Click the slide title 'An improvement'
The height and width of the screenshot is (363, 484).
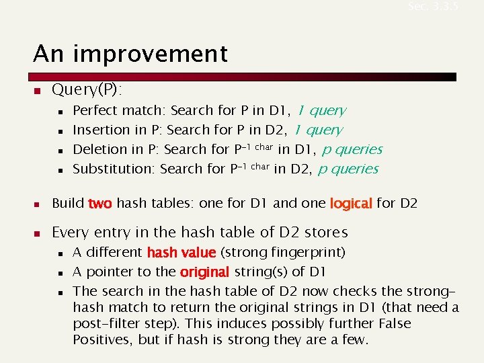coord(131,53)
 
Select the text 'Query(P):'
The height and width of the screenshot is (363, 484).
coord(83,89)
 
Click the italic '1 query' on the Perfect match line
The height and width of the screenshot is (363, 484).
coord(321,110)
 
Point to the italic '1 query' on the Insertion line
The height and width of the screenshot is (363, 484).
coord(318,130)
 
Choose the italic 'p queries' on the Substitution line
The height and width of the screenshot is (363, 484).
coord(348,169)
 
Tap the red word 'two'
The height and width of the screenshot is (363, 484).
coord(99,203)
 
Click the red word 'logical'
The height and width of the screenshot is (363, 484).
coord(350,203)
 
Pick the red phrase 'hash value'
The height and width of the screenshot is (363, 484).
coord(181,253)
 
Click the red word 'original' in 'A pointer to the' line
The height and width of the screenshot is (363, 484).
coord(204,272)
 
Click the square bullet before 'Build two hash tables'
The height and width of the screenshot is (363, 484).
coord(38,203)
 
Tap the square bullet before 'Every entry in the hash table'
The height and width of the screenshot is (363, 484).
coord(38,233)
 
